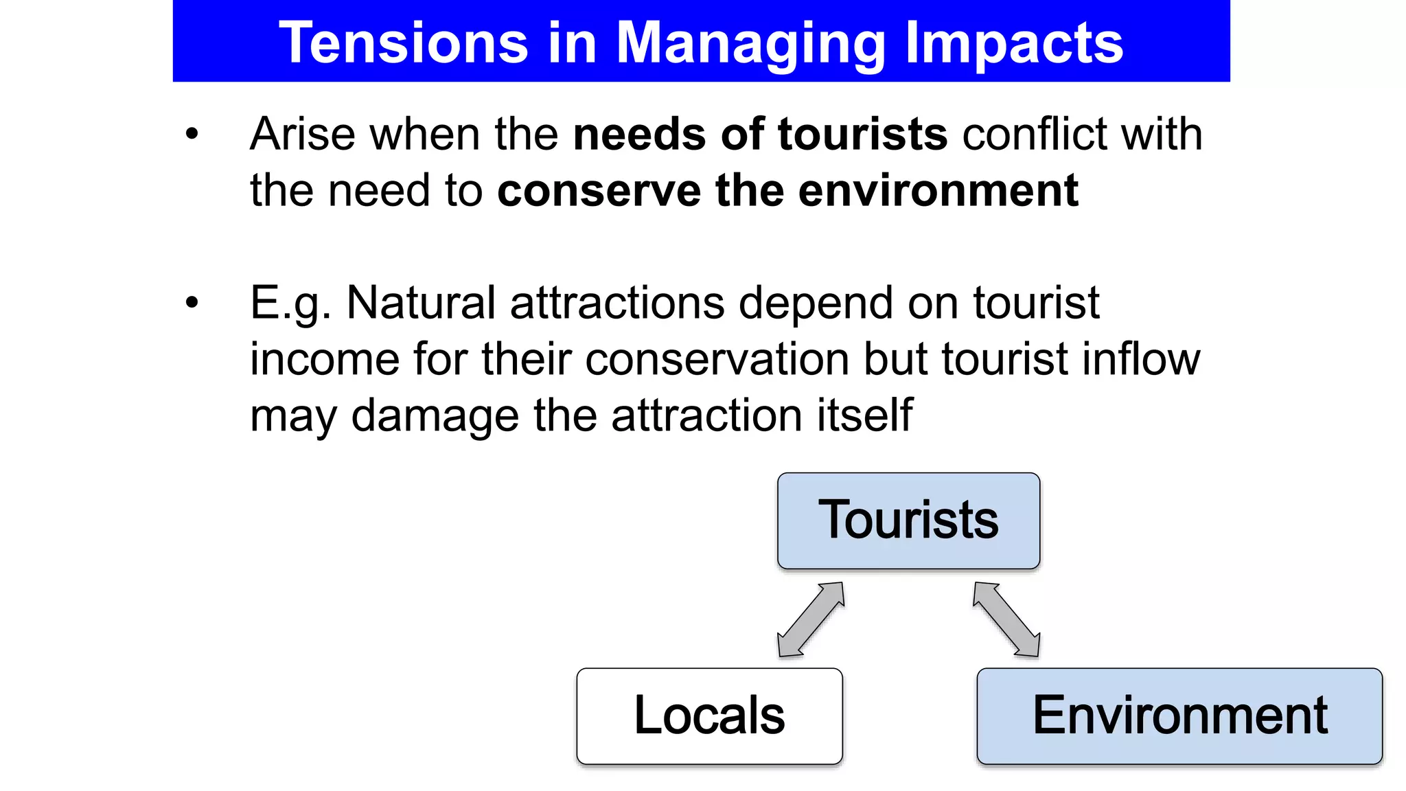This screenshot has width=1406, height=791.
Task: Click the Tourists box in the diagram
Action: pos(908,520)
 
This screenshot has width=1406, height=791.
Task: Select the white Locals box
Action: pos(709,715)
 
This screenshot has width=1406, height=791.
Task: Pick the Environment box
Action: pos(1179,715)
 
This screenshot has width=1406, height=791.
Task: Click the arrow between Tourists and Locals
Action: pos(810,619)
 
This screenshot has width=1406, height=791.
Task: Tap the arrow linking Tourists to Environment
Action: pos(1006,619)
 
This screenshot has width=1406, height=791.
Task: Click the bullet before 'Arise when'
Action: pos(192,134)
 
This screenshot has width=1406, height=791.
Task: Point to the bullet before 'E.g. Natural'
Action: pos(192,302)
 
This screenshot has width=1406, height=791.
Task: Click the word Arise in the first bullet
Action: pos(301,134)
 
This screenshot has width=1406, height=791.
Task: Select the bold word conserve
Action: pos(599,191)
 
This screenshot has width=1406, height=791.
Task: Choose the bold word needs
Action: pos(638,134)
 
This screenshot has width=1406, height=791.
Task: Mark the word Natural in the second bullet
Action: pos(420,303)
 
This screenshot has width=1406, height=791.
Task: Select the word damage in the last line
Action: pos(435,416)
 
